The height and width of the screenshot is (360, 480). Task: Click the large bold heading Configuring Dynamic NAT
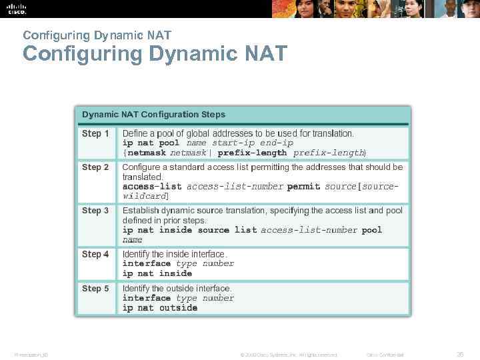[155, 53]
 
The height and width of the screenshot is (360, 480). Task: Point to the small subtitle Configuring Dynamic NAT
[97, 35]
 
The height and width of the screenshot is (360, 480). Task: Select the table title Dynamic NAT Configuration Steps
[153, 115]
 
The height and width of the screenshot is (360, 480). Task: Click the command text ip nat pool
[151, 143]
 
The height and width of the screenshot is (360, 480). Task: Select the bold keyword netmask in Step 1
[147, 153]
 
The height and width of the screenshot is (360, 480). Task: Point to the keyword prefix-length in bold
[252, 153]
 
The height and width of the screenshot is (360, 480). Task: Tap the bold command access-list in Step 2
[152, 187]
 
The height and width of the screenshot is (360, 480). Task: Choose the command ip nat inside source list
[189, 230]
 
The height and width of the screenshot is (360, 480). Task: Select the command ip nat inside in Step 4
[157, 273]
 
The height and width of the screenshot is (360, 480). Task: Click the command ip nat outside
[160, 308]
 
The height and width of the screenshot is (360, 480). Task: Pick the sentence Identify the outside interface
[177, 289]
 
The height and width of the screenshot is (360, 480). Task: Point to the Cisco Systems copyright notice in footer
[289, 355]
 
